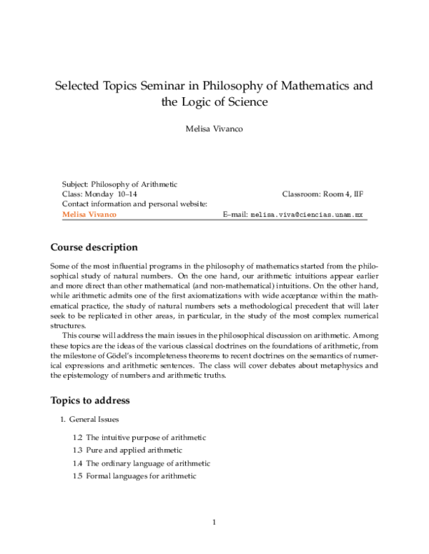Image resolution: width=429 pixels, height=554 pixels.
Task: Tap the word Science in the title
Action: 244,102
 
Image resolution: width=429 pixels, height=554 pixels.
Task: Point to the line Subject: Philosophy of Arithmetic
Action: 119,184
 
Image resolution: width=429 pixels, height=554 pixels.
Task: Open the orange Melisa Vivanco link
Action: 89,214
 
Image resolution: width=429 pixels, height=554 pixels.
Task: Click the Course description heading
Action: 93,248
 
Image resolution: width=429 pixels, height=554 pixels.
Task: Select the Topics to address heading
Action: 89,401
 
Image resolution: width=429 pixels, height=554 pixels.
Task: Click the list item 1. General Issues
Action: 94,419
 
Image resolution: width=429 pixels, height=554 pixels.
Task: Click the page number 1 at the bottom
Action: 214,523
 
